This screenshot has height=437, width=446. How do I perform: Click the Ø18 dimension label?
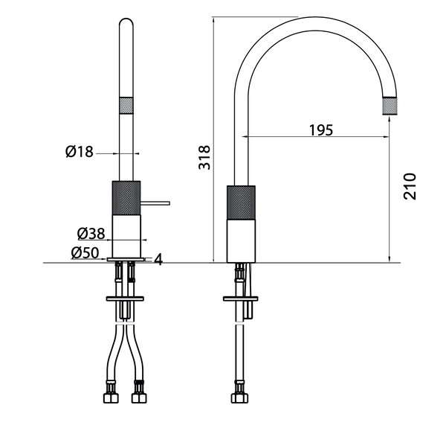click(x=79, y=152)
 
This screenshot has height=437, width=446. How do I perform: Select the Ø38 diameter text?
click(x=91, y=234)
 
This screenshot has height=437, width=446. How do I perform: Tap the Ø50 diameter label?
click(x=86, y=252)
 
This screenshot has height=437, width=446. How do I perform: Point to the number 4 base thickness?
click(x=158, y=258)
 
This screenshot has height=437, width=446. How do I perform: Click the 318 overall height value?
click(x=205, y=158)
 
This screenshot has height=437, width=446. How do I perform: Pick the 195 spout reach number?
click(x=320, y=129)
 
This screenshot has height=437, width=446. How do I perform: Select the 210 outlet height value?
click(x=410, y=186)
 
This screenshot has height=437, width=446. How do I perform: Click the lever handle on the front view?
click(x=155, y=202)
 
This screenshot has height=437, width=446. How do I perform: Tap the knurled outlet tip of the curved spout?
click(x=392, y=106)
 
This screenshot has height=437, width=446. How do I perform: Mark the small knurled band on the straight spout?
click(x=126, y=105)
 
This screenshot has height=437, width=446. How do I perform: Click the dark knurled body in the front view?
click(x=126, y=198)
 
